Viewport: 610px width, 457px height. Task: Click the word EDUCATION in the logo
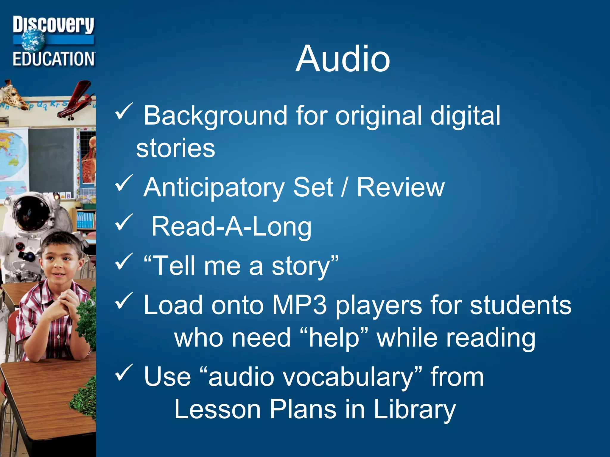(54, 59)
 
